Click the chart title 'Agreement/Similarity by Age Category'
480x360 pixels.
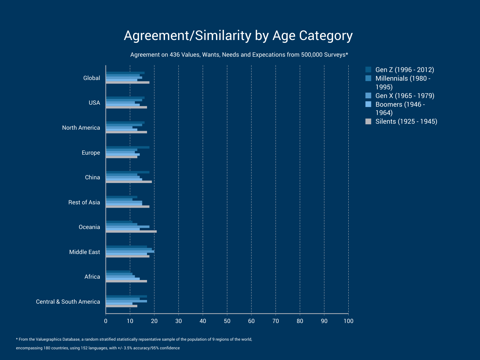click(238, 36)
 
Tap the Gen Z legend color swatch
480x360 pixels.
click(368, 70)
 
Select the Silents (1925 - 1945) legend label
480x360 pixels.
click(406, 122)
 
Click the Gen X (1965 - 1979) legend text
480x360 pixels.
click(405, 96)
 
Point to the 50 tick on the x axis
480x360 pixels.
click(227, 321)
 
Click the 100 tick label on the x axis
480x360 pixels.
click(348, 321)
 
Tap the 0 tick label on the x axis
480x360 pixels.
click(106, 321)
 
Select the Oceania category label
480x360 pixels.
click(89, 227)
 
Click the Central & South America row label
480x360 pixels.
click(68, 302)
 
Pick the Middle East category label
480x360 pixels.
click(84, 252)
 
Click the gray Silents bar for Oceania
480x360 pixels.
click(131, 231)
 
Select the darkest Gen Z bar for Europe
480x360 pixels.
click(127, 147)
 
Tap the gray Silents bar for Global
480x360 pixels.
click(127, 82)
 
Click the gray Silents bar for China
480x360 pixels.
click(129, 182)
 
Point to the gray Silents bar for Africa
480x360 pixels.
click(126, 281)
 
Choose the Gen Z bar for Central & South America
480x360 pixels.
click(126, 296)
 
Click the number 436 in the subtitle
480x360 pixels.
click(174, 55)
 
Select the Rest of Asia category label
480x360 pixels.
click(84, 202)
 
